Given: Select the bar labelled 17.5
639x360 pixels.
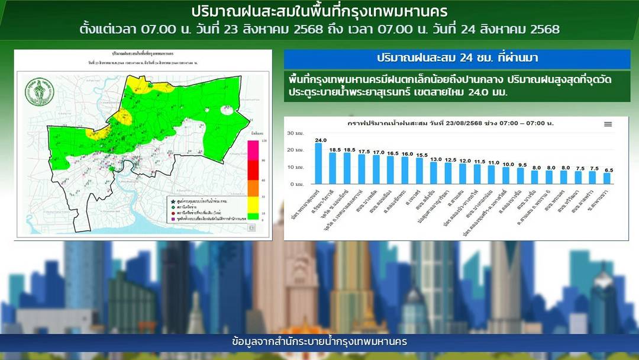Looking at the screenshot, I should [x=362, y=169].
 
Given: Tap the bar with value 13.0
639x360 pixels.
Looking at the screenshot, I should [x=434, y=173].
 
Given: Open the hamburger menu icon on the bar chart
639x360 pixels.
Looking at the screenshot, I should [x=608, y=124].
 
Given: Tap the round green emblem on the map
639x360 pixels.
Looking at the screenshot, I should [x=37, y=93].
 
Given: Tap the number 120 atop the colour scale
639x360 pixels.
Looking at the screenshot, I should [x=263, y=140].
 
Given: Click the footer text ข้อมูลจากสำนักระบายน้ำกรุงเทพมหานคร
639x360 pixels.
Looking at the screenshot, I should [x=319, y=342].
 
